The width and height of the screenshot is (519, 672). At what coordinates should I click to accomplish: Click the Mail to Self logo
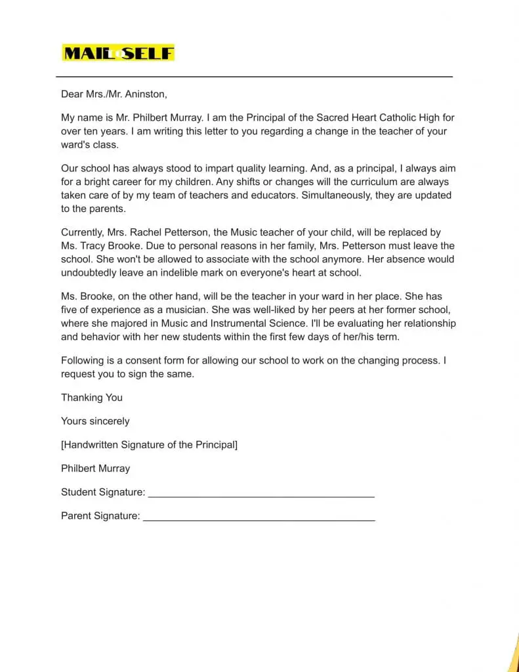[x=118, y=53]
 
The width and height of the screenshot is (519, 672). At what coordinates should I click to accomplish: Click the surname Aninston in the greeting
[x=146, y=94]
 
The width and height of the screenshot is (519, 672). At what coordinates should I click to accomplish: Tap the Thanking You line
[x=92, y=398]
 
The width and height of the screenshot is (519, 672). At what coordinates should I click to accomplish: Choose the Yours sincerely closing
[x=95, y=421]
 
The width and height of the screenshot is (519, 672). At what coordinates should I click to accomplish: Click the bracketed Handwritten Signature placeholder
[x=149, y=445]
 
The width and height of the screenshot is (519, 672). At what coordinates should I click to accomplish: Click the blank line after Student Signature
[x=261, y=493]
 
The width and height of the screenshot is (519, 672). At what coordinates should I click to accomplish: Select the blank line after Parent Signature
[x=259, y=517]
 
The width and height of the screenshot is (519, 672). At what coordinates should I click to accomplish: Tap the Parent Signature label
[x=100, y=516]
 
